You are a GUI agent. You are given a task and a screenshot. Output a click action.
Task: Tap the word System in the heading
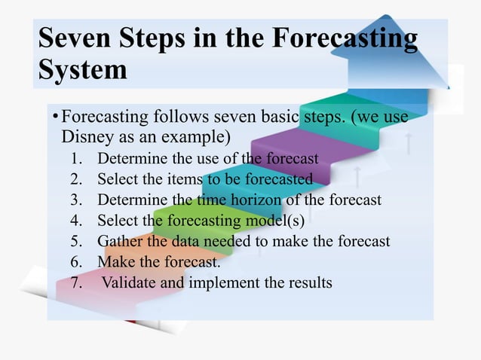click(83, 71)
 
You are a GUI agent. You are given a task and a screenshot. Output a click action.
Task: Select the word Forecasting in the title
click(339, 39)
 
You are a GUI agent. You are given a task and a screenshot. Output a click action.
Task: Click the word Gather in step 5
click(121, 242)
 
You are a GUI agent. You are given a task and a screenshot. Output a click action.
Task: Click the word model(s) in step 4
click(280, 221)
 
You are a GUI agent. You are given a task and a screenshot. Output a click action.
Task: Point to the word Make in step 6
click(115, 263)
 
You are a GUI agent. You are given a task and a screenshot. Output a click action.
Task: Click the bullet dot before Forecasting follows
click(54, 118)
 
